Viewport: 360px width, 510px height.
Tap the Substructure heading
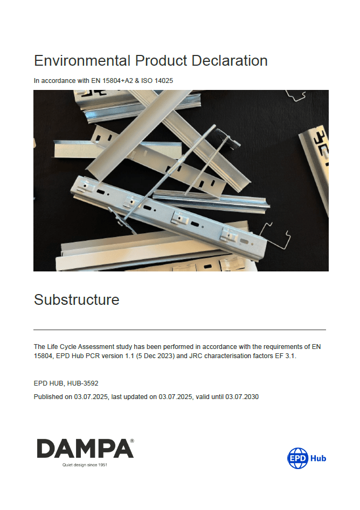[x=77, y=299]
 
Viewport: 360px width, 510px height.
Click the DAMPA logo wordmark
[x=84, y=449]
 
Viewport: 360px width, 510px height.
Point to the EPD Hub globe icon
[x=297, y=458]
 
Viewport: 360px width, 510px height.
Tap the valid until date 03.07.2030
[x=246, y=397]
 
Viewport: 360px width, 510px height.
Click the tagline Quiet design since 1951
[x=85, y=465]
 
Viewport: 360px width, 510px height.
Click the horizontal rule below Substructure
[x=179, y=329]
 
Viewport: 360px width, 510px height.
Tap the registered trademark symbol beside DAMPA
[x=132, y=441]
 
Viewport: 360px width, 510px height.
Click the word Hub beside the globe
[x=318, y=459]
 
